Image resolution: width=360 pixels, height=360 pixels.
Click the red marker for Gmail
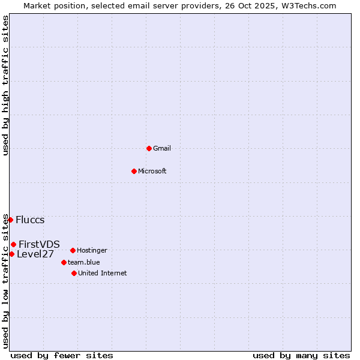(x=149, y=148)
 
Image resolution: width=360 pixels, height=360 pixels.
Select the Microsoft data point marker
(x=134, y=171)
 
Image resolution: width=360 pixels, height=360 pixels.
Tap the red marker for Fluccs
(x=10, y=220)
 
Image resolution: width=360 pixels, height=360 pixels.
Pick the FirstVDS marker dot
(x=13, y=244)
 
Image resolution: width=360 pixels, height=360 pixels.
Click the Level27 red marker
(x=11, y=254)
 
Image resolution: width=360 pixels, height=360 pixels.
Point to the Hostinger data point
(x=73, y=250)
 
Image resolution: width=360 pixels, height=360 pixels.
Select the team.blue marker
(x=64, y=262)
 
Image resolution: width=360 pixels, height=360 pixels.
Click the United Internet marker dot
(x=74, y=273)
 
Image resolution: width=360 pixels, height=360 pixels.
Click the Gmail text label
(x=162, y=148)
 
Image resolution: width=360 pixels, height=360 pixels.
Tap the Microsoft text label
(x=152, y=171)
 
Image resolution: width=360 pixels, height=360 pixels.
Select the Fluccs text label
(x=30, y=220)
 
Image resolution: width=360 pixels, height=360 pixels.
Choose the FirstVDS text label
(x=39, y=244)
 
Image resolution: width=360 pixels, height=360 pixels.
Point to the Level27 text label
(x=35, y=254)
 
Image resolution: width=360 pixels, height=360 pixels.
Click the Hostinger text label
(x=92, y=250)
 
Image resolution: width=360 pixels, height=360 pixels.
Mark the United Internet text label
(x=102, y=273)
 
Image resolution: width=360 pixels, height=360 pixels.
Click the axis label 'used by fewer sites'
(x=62, y=355)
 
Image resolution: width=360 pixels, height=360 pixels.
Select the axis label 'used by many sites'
(x=301, y=355)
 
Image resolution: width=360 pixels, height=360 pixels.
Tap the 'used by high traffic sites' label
(x=5, y=85)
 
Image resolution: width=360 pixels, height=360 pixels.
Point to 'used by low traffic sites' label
(x=5, y=281)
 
